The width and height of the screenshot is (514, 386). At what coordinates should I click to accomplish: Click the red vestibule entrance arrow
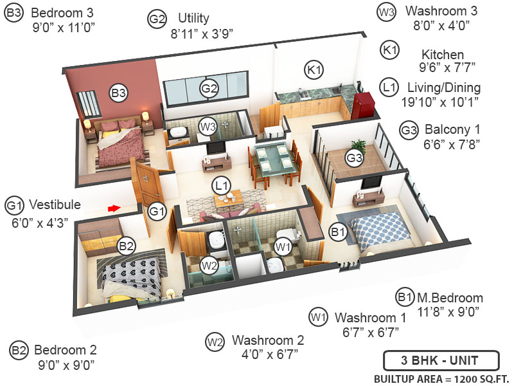[114, 208]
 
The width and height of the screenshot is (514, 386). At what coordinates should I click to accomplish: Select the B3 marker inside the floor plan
[118, 93]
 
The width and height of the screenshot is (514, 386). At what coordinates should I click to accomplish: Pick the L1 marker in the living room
[222, 187]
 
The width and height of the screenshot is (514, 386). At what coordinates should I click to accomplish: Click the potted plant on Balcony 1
[358, 147]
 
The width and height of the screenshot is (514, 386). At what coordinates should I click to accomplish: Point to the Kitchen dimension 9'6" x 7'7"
[442, 68]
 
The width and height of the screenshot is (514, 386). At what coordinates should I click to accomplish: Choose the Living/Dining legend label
[443, 87]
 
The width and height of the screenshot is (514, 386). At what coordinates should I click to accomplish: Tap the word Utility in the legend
[193, 19]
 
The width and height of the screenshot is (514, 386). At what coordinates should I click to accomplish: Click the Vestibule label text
[53, 205]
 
